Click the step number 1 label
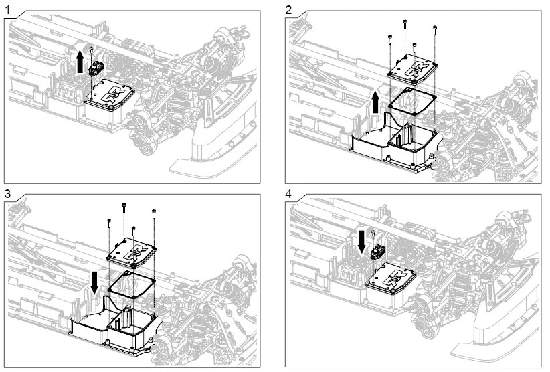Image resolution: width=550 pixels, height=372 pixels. [9, 9]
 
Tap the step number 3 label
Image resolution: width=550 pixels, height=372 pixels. [9, 193]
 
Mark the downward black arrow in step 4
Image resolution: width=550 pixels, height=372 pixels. [362, 242]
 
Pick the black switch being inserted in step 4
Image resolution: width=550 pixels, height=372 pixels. [379, 252]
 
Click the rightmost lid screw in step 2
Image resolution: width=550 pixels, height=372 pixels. [435, 29]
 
